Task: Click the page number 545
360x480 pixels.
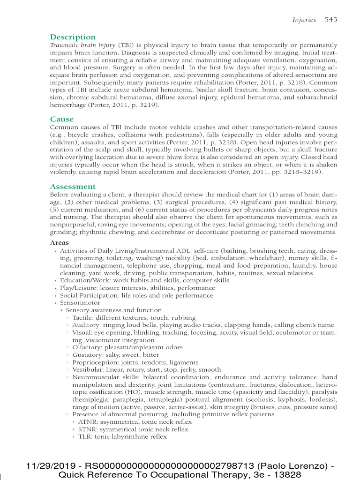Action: tap(330, 20)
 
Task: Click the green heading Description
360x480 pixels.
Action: tap(73, 37)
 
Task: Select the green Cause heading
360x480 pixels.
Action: tap(62, 120)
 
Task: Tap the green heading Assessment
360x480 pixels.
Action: tap(73, 187)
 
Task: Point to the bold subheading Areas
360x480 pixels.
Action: tap(59, 243)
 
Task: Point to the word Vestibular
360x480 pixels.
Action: tap(87, 370)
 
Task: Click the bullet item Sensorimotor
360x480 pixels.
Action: tap(80, 303)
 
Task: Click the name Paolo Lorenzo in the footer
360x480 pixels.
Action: tap(292, 466)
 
